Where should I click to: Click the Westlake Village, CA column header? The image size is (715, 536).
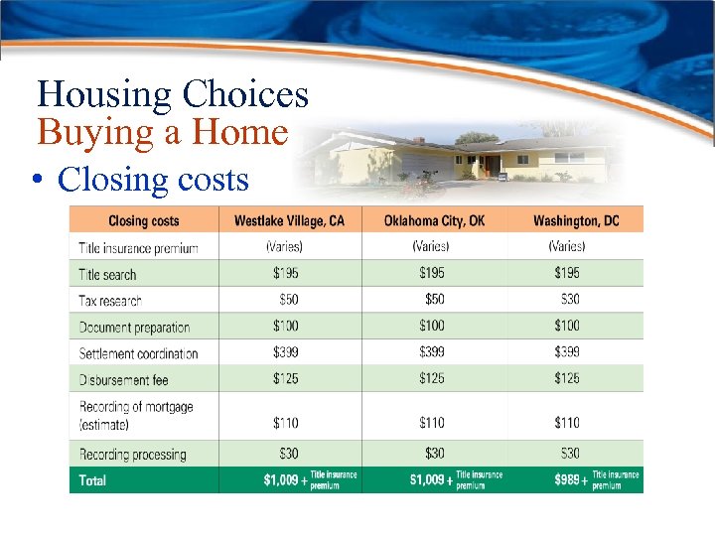[289, 220]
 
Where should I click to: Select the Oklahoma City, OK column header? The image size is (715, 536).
[434, 220]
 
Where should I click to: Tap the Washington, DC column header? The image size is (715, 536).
[575, 220]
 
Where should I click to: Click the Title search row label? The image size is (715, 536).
[107, 275]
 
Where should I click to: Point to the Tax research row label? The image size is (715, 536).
[110, 301]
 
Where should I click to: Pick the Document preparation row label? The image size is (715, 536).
[134, 328]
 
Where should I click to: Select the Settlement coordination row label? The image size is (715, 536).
[138, 353]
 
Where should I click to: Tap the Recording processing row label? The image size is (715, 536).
[132, 455]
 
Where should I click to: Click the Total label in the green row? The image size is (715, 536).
[92, 480]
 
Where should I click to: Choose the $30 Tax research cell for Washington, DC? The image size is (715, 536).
[568, 299]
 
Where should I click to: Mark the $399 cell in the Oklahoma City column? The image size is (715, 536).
[432, 352]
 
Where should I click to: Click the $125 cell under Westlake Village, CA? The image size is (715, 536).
[288, 378]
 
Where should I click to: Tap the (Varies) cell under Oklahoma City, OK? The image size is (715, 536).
[431, 246]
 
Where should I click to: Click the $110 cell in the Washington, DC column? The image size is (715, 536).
[567, 423]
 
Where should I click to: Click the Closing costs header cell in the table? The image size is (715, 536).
[143, 220]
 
